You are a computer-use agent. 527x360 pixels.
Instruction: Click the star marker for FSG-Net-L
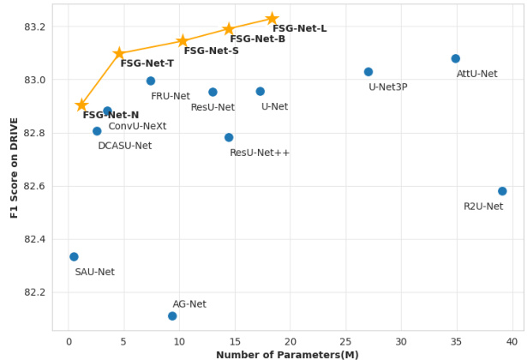[272, 19]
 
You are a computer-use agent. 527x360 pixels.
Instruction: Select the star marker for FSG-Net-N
[81, 105]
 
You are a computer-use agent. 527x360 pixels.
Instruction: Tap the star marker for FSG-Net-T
[119, 53]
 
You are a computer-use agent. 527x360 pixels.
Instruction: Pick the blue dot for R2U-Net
[502, 191]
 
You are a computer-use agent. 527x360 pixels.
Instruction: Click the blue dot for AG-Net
[172, 316]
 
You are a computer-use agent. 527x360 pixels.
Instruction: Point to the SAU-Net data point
[74, 257]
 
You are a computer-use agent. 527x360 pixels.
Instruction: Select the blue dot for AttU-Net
[456, 59]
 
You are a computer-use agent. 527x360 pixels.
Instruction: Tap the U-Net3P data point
[368, 72]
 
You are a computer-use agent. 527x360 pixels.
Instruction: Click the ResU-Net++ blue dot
[229, 137]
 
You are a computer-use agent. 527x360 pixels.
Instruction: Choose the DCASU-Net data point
[97, 131]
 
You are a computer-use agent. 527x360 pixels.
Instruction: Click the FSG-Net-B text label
[257, 39]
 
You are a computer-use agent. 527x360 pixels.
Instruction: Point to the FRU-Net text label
[171, 96]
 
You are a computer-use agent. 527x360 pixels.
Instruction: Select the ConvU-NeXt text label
[137, 126]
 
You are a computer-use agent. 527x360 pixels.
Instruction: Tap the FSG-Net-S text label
[211, 51]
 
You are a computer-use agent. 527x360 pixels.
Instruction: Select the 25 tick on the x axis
[345, 342]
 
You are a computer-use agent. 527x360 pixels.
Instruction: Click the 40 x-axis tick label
[512, 342]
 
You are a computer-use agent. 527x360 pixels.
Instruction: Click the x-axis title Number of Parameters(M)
[287, 355]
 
